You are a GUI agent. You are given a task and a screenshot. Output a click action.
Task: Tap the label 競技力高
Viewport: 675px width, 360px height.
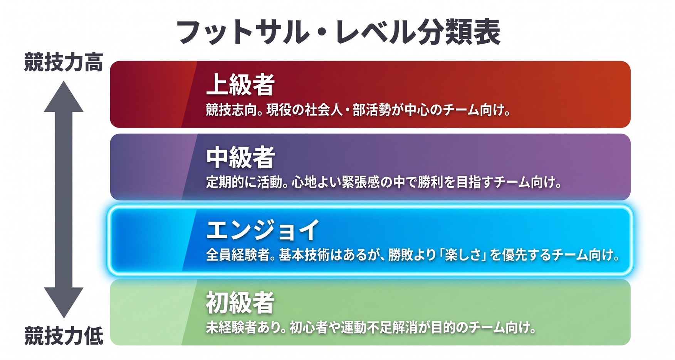(64, 63)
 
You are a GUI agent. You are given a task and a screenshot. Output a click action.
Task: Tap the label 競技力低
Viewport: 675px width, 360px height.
(64, 335)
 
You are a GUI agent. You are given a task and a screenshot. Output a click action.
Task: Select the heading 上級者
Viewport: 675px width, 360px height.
(240, 85)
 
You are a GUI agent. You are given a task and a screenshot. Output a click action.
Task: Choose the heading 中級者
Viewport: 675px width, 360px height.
(240, 157)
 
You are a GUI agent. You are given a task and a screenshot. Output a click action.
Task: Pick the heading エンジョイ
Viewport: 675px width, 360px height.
(263, 230)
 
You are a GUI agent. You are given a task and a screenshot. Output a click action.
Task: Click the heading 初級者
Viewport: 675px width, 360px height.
(240, 303)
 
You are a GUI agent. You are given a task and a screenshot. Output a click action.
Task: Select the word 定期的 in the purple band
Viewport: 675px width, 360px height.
(225, 182)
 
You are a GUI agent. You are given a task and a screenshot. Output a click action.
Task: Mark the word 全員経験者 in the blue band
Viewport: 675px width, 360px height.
(238, 255)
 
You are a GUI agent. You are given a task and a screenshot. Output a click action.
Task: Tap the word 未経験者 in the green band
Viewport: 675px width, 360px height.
(231, 328)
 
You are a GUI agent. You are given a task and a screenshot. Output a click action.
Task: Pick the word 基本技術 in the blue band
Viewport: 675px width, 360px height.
(304, 255)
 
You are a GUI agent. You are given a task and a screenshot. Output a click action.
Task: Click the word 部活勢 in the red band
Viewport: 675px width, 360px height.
(371, 110)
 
